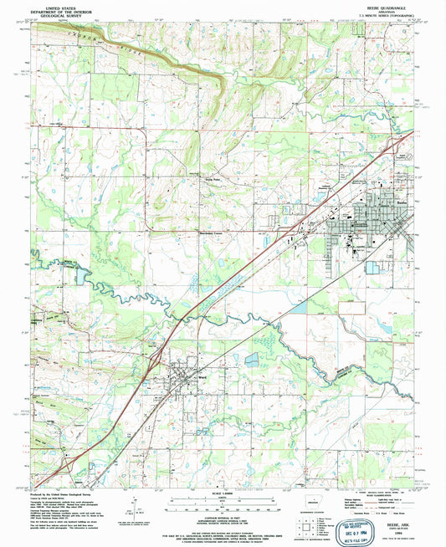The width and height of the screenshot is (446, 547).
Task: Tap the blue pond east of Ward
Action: (251, 360)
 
